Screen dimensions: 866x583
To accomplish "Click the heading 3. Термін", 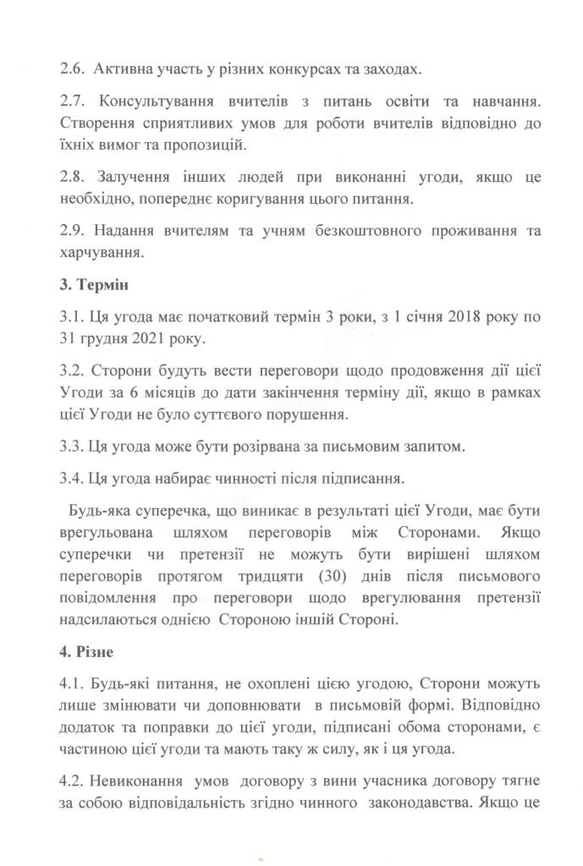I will [x=96, y=284].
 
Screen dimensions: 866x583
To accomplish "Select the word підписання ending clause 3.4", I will [x=347, y=478].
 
